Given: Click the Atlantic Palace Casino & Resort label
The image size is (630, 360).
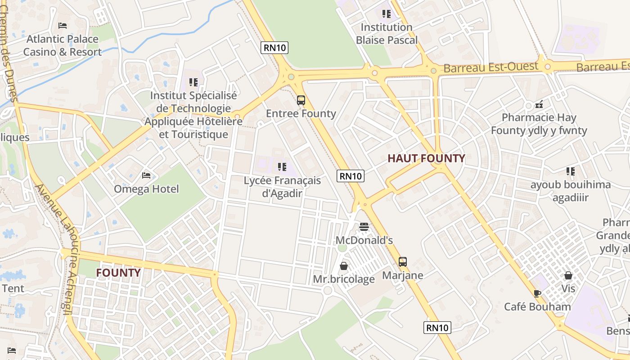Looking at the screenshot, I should point(63,45).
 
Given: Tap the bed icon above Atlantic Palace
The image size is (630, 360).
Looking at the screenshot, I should point(63,26).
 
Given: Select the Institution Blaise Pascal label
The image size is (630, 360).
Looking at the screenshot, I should point(387,34).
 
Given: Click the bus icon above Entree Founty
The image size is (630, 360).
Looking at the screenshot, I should point(301,100).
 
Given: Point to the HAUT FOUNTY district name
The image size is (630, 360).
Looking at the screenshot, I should point(426,158).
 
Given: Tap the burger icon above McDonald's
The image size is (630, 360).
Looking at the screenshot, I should point(364,226).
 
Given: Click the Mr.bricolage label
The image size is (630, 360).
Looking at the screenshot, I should point(344,279).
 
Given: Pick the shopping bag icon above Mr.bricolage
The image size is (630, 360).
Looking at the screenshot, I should point(344,266).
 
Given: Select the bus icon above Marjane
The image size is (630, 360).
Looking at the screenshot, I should point(403,261).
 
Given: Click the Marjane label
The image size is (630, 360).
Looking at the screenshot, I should point(403,275).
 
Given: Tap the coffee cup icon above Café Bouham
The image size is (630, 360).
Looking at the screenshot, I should point(537,293).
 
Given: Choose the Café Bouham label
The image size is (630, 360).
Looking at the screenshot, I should point(537,307).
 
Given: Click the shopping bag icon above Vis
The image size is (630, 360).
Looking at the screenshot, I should point(568,275).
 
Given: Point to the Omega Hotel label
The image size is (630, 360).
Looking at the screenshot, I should point(146,189).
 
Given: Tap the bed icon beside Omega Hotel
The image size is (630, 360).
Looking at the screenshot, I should point(146,175).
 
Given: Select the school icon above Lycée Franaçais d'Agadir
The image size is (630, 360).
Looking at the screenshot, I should point(282,167).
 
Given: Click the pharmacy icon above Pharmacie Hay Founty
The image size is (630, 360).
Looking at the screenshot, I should point(539,105).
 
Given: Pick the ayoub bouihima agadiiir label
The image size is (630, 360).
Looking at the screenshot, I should point(571,191).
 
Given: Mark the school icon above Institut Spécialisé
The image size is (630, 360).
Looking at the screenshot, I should point(193,82).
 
